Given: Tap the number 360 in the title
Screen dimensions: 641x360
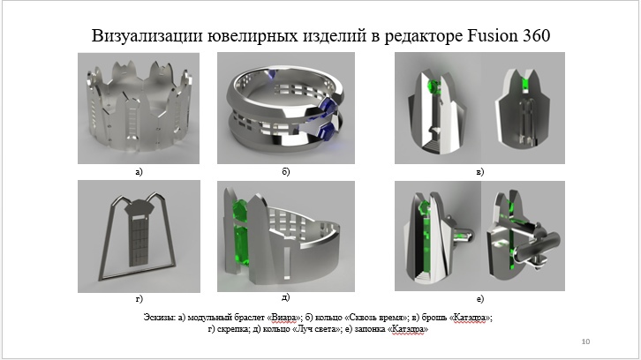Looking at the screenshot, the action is pos(535,35).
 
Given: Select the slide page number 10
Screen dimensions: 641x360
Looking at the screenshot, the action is pos(585,341).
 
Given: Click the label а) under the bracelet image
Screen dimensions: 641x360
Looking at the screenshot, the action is pos(139,172).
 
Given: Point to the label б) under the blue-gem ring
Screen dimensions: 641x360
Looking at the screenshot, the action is pos(286,172).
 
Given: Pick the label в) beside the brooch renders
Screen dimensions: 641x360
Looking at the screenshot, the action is pos(480,172).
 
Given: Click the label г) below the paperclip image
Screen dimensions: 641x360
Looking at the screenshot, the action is pos(139,299).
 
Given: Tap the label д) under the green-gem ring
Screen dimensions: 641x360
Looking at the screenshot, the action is pos(286,297).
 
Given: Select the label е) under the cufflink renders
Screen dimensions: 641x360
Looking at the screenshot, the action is pos(480,299).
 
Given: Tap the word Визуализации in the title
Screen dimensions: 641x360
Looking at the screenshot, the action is pos(147,35).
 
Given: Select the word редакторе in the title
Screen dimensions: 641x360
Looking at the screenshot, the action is pos(423,36).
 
